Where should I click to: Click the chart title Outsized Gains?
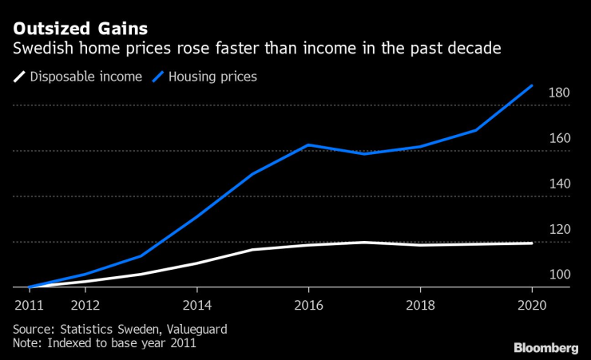73,30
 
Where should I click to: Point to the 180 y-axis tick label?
559,93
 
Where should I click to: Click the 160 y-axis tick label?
559,139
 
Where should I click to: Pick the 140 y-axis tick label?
559,184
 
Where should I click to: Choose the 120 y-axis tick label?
559,230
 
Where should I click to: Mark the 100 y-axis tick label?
559,275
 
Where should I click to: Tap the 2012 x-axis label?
85,306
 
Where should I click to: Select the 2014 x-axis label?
196,306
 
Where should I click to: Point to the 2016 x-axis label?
308,306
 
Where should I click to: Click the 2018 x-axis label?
420,306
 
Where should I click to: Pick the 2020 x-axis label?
532,306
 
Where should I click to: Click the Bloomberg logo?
545,347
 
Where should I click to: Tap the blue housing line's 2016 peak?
308,144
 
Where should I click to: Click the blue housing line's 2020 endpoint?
532,85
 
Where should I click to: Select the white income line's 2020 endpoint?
532,243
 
